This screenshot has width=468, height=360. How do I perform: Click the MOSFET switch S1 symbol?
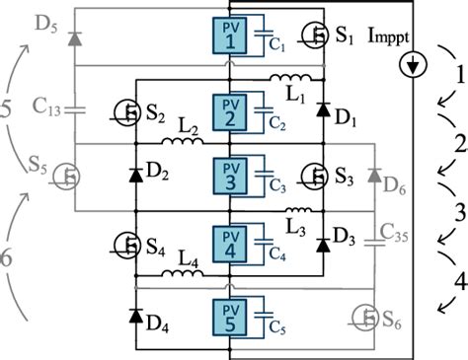point(313,39)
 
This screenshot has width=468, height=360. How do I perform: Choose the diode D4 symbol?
point(134,315)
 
